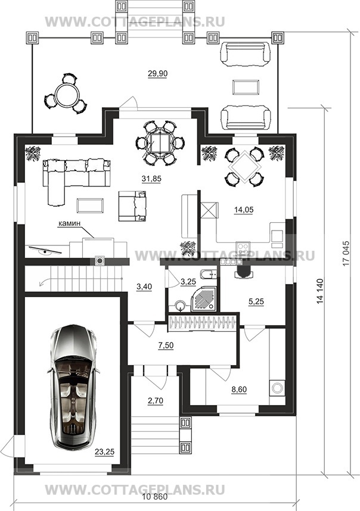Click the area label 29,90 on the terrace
click(157, 74)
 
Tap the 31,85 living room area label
click(151, 179)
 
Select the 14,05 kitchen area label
click(244, 210)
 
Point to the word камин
click(69, 223)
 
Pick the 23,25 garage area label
click(105, 452)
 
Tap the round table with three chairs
click(66, 94)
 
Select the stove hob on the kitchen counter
click(243, 248)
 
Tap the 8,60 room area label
click(239, 389)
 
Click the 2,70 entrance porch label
click(156, 401)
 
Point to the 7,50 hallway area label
click(166, 346)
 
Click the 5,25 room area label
click(256, 302)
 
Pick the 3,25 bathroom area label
click(188, 282)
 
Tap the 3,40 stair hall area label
click(144, 287)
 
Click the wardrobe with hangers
click(202, 324)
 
